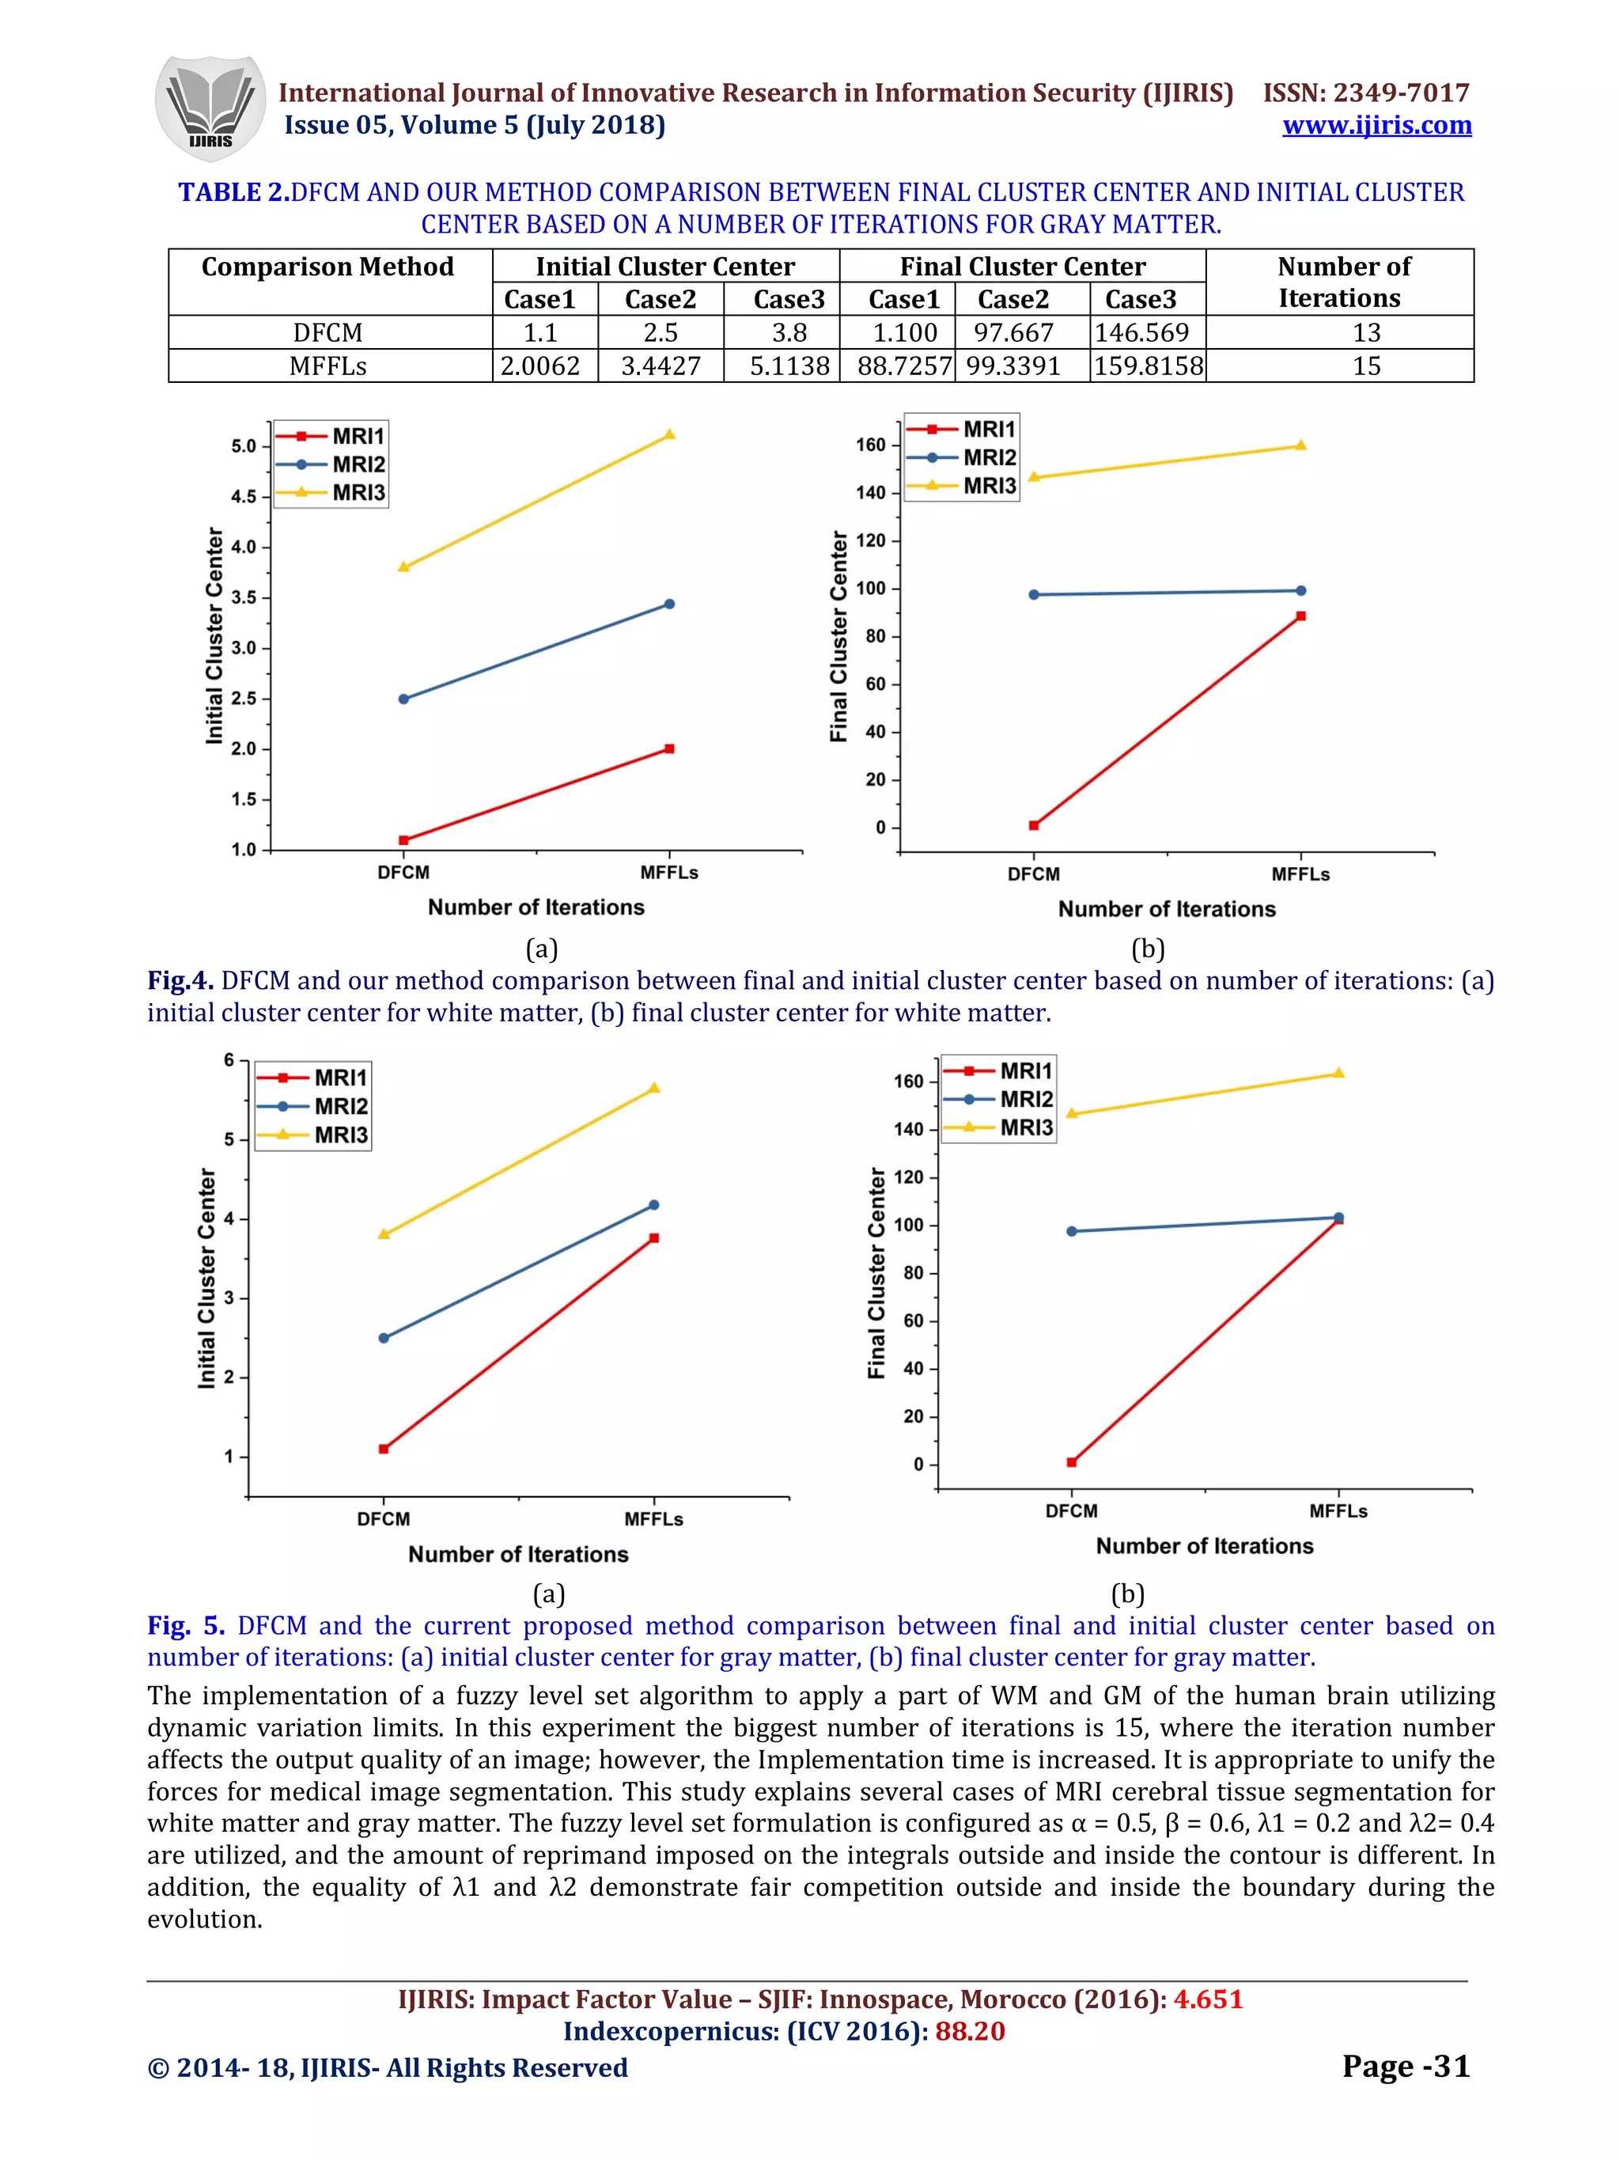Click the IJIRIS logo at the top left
point(210,108)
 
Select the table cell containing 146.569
point(1142,333)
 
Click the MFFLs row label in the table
point(328,366)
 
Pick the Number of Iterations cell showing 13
point(1365,333)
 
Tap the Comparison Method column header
point(328,267)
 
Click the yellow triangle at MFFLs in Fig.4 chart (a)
point(670,434)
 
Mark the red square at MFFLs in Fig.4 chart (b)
point(1300,616)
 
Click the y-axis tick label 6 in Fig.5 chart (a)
point(229,1060)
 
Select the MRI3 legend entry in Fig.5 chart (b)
point(1025,1127)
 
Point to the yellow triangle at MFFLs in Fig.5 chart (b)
point(1338,1073)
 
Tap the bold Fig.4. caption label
point(180,980)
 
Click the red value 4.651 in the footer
point(1208,1999)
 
